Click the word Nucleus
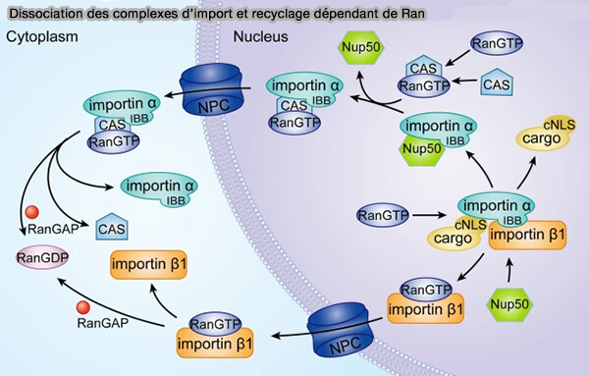(x=260, y=37)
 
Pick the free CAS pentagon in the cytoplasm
(x=112, y=228)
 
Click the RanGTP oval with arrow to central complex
(x=384, y=213)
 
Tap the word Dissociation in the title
(x=43, y=11)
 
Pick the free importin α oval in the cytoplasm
(x=155, y=183)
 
